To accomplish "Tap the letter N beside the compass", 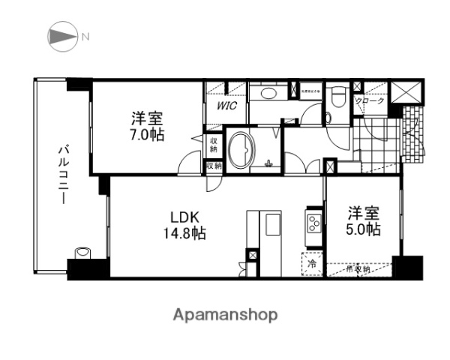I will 85,35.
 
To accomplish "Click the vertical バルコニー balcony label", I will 62,176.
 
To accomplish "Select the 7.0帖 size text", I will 147,136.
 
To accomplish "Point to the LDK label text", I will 184,217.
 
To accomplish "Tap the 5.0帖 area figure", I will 363,229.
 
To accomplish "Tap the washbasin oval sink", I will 263,93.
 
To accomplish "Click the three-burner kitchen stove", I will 312,223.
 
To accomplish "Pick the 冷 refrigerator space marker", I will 310,264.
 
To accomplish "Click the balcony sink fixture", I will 82,253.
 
